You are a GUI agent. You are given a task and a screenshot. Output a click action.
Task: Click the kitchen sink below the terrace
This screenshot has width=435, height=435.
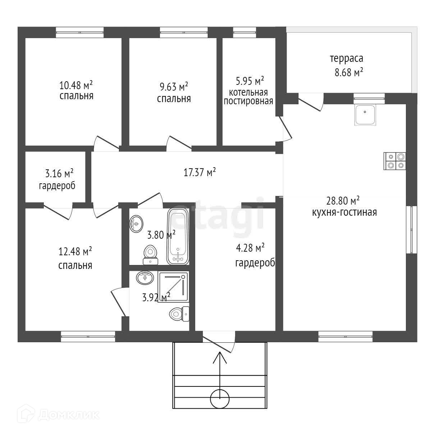pos(365,115)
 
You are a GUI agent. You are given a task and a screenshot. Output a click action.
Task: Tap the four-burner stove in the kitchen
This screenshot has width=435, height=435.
pos(395,161)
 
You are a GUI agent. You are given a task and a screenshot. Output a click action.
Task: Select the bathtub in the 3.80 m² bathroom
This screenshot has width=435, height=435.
pos(178,237)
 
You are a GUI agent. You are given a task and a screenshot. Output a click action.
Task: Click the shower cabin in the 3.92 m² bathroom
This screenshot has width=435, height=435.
pos(173,287)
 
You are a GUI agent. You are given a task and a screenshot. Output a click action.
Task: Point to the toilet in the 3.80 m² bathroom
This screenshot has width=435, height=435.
pos(151,255)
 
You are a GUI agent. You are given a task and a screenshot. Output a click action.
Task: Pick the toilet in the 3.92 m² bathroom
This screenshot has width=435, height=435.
pos(179,314)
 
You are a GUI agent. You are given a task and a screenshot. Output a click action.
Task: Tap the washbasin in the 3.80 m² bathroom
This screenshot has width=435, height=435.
pos(136,224)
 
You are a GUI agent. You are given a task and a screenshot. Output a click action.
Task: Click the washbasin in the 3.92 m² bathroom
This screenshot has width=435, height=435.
pos(145,278)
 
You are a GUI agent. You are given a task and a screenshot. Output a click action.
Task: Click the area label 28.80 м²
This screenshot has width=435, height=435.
pos(343,201)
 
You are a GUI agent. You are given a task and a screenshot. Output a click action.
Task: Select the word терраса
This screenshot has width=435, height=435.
pos(347,59)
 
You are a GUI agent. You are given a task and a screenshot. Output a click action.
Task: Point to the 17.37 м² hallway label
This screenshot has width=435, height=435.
pos(200,172)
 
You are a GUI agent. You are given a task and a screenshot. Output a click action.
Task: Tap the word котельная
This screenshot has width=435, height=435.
pos(248,92)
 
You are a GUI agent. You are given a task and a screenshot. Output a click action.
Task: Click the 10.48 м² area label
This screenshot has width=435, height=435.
pos(76,85)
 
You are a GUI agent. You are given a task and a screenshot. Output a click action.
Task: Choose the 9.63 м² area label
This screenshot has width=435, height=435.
pos(174,87)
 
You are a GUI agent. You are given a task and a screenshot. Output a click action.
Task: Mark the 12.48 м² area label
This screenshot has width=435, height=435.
pos(75,251)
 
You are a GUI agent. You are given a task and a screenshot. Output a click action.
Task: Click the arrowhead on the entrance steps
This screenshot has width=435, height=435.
pos(220,358)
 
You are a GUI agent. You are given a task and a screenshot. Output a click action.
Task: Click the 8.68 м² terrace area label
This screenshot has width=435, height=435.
pos(349,73)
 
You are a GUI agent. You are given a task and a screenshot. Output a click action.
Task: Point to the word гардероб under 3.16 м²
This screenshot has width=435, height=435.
pos(57,186)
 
